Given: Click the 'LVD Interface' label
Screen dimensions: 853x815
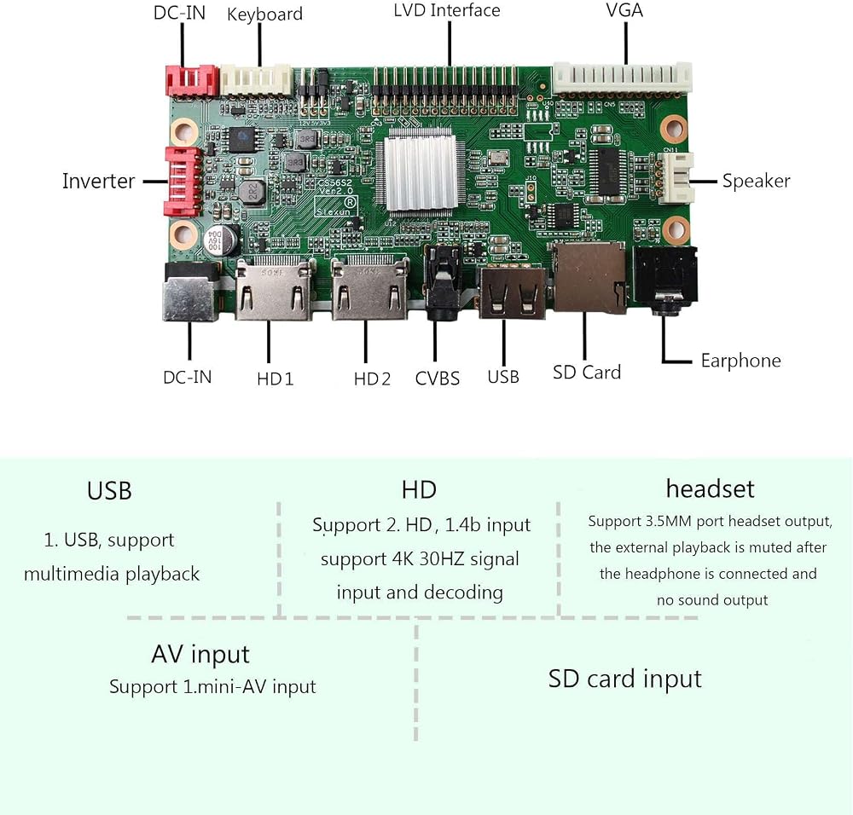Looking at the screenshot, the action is coord(447,10).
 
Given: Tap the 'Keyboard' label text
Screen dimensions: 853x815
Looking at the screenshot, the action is coord(264,14).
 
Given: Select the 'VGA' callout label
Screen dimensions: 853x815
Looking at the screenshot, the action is coord(624,9).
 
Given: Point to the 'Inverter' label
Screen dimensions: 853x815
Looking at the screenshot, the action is coord(98,181).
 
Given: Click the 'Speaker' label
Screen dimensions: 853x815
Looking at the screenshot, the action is coord(756,181).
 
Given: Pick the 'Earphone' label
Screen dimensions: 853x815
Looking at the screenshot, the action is coord(740,361).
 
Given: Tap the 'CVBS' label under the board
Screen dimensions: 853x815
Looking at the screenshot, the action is coord(437,379).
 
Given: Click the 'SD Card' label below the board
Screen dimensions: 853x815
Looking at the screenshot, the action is coord(587,373).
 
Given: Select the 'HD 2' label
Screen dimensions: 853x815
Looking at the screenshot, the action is coord(372,379).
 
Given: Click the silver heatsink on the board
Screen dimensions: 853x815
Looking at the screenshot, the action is coord(420,173).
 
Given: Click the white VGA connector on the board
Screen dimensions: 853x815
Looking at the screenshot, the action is coord(622,78).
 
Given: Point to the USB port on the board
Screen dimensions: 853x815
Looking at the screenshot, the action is coord(512,292).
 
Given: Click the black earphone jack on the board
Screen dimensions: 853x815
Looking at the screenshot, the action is coord(665,280).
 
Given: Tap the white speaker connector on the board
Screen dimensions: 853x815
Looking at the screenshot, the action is coord(676,178).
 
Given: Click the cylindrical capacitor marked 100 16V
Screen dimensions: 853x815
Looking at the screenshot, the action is coord(223,240).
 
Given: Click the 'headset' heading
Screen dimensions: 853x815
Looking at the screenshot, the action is coord(710,488).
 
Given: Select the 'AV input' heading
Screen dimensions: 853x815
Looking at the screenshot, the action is coord(200,654).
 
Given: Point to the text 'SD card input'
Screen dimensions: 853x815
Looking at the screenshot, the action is coord(624,679).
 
